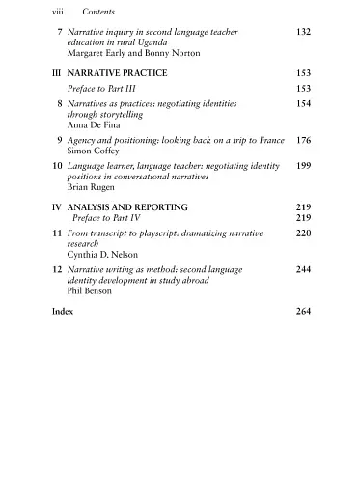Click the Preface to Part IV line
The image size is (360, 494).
point(115,219)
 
